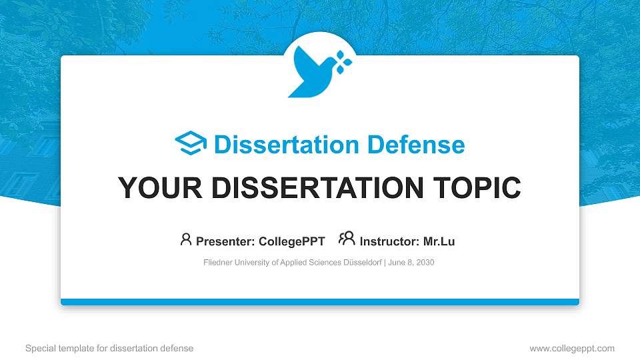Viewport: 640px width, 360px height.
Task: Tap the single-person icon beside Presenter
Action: (186, 239)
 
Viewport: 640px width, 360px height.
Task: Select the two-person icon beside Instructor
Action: (347, 239)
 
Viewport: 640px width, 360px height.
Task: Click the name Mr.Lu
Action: (439, 241)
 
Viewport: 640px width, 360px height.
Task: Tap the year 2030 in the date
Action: (425, 263)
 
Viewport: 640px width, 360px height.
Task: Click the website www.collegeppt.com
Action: (571, 348)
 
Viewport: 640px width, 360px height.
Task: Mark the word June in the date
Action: (397, 263)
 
